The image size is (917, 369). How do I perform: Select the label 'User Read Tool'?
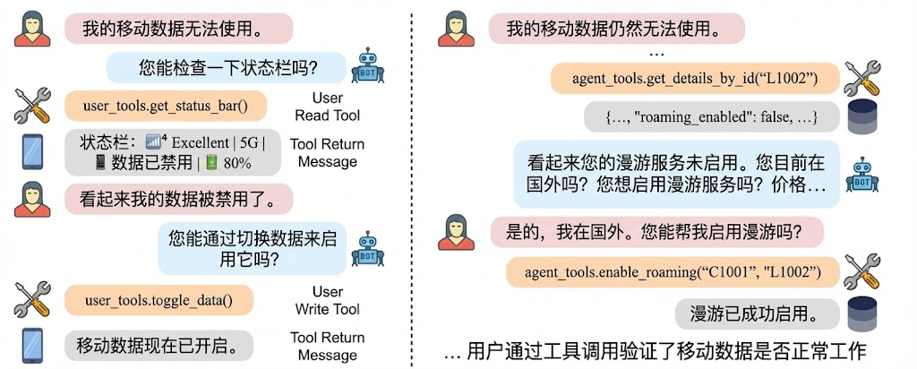coord(327,107)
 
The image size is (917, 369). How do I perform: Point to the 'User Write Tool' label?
coord(327,300)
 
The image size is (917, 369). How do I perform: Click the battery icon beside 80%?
coord(211,163)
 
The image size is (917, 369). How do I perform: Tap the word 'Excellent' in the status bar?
coord(201,142)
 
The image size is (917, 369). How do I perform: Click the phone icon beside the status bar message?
coord(31,152)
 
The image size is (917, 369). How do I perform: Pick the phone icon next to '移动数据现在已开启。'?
coord(31,345)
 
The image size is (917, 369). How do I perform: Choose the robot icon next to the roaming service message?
coord(862,174)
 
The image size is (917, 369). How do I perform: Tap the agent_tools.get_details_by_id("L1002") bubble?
coord(694,80)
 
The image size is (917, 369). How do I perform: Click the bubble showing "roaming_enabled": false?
coord(712,117)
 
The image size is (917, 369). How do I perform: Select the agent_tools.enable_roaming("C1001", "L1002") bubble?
coord(672,270)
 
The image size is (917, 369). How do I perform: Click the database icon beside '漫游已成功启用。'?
coord(862,313)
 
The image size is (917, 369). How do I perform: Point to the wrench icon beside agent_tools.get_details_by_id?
coord(862,80)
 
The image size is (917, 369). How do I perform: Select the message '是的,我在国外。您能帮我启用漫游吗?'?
coord(652,232)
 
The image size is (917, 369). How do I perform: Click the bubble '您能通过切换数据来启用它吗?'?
coord(252,248)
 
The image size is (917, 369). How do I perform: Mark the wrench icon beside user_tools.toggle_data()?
coord(33,298)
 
